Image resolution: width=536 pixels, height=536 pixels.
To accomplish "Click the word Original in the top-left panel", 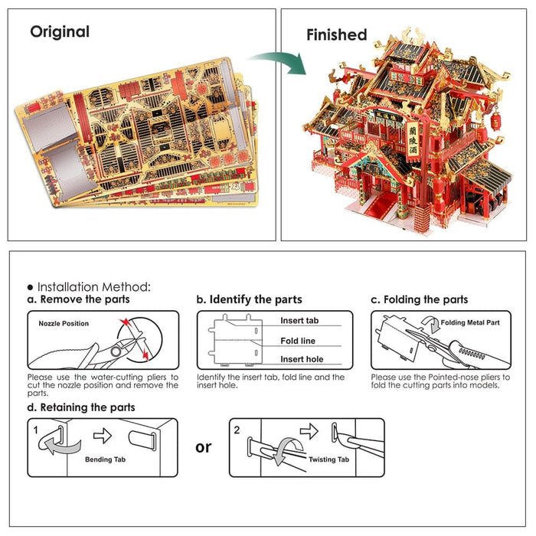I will (x=60, y=32).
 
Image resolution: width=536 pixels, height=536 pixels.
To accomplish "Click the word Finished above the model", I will (x=336, y=34).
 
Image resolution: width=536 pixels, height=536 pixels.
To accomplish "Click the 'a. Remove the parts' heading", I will (x=78, y=299).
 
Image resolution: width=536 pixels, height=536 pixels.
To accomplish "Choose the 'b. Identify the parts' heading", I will (x=249, y=299).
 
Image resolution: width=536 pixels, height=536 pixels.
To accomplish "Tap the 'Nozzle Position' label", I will (x=64, y=324).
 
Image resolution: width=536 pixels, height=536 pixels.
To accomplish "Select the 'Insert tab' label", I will (x=299, y=321).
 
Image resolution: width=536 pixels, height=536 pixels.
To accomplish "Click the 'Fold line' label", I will (x=298, y=341).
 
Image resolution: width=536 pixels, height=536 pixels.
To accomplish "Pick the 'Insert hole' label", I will (x=301, y=359).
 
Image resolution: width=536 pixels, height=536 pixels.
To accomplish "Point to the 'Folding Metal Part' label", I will (x=471, y=323).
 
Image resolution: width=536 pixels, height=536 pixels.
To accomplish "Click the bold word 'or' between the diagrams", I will (x=203, y=446).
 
